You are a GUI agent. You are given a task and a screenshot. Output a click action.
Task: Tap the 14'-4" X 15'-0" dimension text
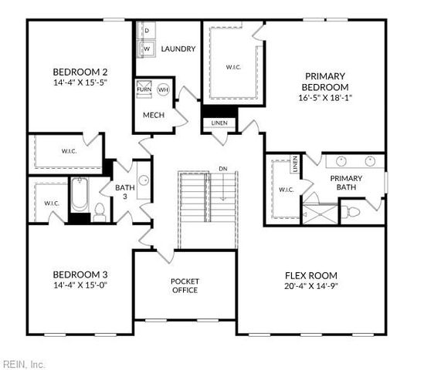(80, 286)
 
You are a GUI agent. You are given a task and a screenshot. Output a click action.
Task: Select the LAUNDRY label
(178, 49)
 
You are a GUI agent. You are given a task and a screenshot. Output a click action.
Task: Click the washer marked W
(145, 49)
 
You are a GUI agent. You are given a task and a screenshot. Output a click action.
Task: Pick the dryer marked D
(145, 29)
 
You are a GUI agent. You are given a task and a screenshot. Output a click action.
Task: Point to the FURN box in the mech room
(144, 89)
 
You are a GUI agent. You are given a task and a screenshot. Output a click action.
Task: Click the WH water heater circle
(163, 89)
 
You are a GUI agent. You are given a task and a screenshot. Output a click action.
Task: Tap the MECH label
(153, 116)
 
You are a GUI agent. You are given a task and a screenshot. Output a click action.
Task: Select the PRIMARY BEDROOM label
(327, 81)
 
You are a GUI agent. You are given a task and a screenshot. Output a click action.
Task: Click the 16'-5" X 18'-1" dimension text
(327, 98)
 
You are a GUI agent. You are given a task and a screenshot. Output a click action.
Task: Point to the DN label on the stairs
(222, 168)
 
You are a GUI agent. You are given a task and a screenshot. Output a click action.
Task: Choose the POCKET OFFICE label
(185, 285)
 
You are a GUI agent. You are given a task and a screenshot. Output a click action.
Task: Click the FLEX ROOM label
(310, 275)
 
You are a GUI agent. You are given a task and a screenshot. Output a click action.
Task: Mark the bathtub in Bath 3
(80, 197)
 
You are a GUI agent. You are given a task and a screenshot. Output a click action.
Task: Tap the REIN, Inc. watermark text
(23, 363)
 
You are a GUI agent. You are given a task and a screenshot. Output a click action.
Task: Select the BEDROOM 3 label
(80, 274)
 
